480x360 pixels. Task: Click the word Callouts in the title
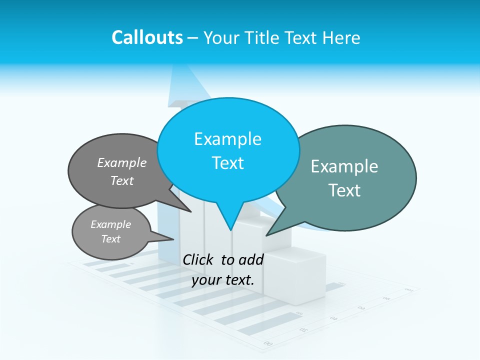tap(147, 37)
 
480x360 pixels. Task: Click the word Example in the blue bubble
tap(227, 139)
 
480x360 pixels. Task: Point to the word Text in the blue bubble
tap(227, 163)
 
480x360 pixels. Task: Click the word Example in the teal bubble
tap(344, 166)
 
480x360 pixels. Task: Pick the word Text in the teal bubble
tap(344, 190)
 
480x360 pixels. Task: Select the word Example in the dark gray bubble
tap(122, 163)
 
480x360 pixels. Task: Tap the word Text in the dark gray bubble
tap(122, 181)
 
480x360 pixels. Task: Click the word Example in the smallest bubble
tap(110, 224)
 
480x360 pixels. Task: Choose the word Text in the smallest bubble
tap(110, 239)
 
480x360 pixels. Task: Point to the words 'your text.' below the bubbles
tap(223, 280)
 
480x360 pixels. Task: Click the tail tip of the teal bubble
tap(266, 235)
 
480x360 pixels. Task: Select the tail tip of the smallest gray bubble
tap(173, 239)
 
